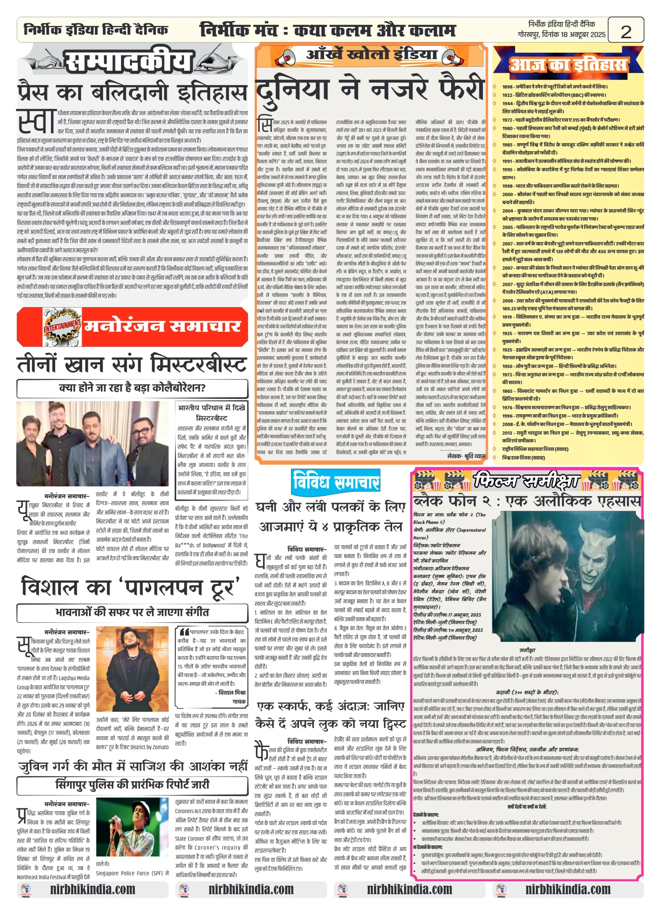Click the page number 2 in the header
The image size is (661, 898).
pyautogui.click(x=626, y=31)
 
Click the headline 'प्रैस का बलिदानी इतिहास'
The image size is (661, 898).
pyautogui.click(x=132, y=92)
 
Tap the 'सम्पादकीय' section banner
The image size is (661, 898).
pyautogui.click(x=128, y=62)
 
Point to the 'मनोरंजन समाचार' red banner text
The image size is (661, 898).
pyautogui.click(x=162, y=326)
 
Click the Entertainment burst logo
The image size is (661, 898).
pyautogui.click(x=62, y=326)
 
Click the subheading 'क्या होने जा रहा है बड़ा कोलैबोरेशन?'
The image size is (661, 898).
pyautogui.click(x=132, y=388)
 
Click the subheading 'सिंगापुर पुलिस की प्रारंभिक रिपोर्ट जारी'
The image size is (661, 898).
pyautogui.click(x=132, y=784)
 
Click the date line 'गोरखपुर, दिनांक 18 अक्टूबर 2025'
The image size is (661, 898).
pyautogui.click(x=561, y=35)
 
